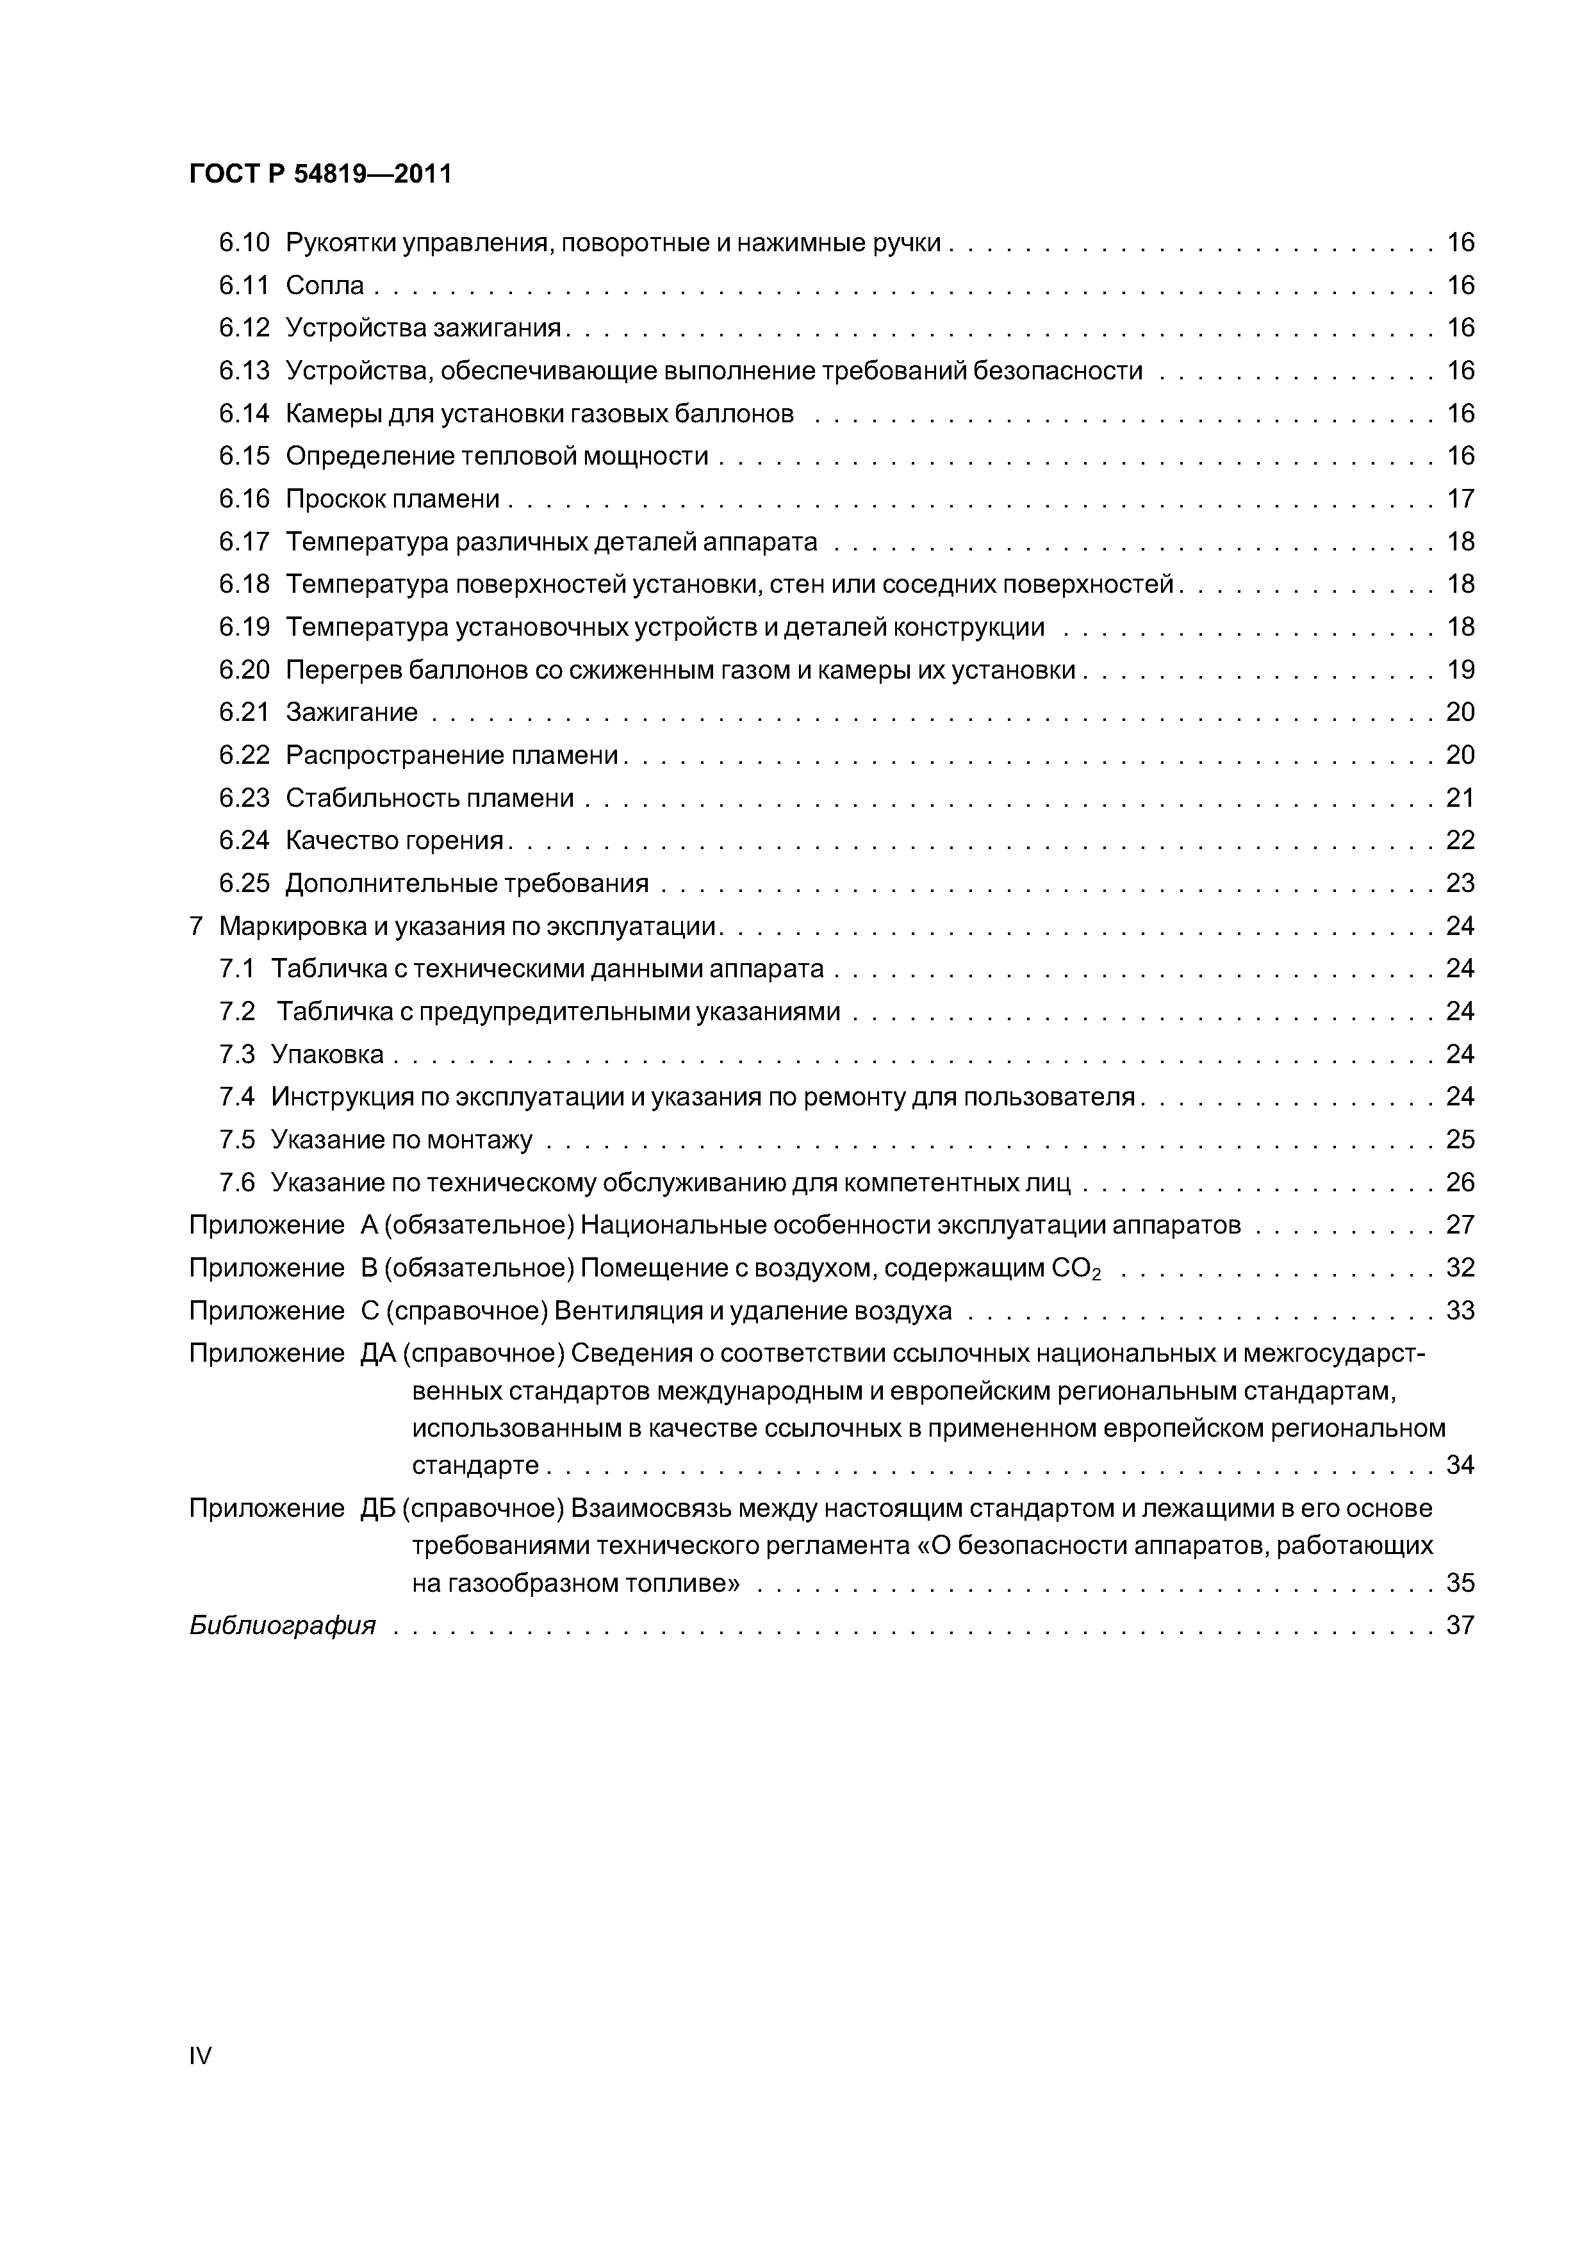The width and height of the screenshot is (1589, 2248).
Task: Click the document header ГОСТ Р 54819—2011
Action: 320,174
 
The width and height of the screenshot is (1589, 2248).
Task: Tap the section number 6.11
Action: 243,285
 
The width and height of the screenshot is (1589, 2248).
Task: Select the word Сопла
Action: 325,285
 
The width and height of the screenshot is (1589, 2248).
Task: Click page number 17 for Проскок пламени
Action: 1460,499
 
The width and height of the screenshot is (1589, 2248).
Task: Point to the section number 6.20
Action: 243,670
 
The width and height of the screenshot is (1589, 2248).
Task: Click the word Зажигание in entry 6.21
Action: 352,713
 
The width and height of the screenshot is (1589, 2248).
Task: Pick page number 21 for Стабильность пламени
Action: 1460,798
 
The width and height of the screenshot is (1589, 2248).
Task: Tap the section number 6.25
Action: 243,883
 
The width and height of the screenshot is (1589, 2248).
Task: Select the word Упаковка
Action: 327,1055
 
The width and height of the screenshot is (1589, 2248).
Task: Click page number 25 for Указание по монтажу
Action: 1460,1139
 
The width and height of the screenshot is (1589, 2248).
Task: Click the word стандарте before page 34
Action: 476,1466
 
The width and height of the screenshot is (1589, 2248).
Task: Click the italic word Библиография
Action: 282,1626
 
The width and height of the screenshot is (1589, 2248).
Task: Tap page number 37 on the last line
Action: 1460,1626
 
